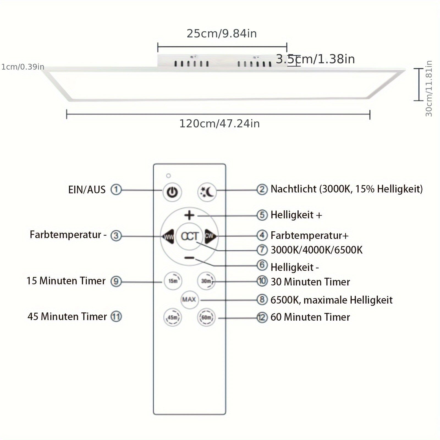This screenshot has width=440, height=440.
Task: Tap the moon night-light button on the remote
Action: (207, 192)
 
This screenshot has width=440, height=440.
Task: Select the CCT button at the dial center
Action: (189, 236)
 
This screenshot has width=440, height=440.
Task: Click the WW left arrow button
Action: (168, 236)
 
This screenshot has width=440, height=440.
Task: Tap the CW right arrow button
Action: (210, 236)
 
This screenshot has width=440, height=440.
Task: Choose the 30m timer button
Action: (206, 281)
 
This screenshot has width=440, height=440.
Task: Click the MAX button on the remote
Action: (189, 299)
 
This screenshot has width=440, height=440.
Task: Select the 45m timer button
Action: (172, 317)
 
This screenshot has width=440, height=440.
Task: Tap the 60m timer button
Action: (206, 317)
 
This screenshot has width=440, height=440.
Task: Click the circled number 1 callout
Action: (116, 189)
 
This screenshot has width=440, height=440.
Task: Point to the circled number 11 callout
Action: (116, 317)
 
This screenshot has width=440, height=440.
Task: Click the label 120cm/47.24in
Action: (219, 124)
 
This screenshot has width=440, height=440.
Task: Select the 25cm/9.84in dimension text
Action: (222, 34)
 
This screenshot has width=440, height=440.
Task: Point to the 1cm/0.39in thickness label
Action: (23, 67)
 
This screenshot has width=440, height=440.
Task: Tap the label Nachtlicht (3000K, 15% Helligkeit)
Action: (346, 189)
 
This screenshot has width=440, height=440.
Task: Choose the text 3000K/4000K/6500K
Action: (317, 250)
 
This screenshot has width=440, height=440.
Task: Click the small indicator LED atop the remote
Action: (169, 176)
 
